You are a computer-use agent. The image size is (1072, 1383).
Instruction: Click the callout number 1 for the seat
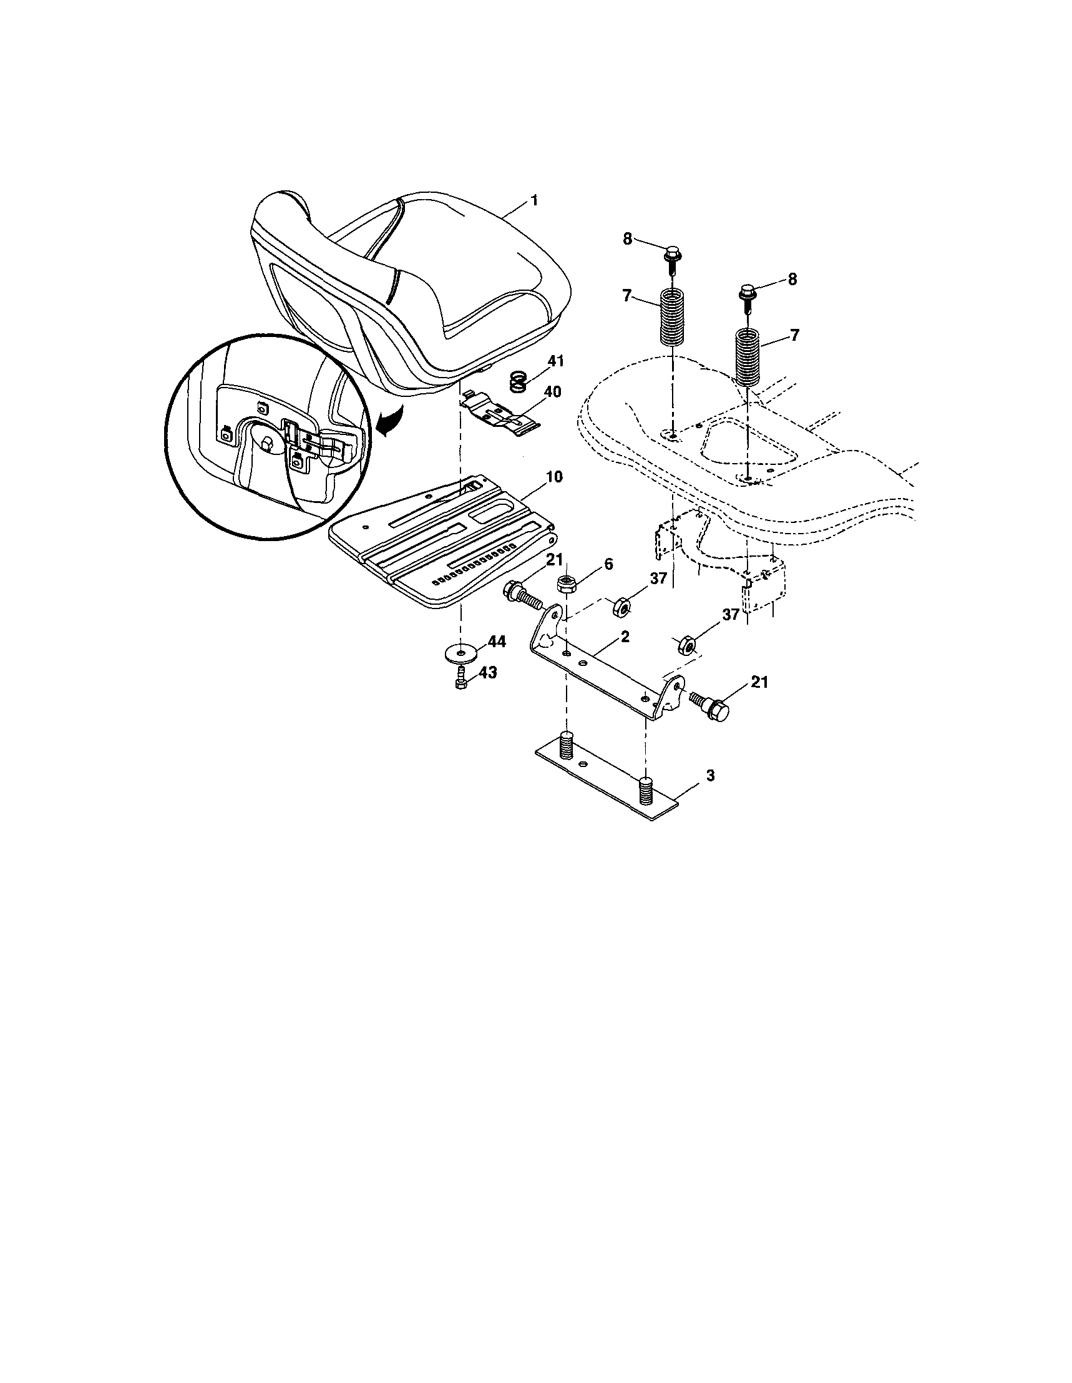click(534, 201)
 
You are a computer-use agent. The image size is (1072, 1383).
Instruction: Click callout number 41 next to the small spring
click(555, 361)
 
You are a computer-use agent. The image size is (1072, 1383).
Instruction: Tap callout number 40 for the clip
click(552, 392)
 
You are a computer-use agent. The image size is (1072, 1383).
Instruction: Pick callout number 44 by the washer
click(497, 642)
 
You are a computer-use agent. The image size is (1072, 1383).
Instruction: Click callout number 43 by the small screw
click(487, 673)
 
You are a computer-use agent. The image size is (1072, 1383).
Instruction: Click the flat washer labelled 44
click(461, 652)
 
